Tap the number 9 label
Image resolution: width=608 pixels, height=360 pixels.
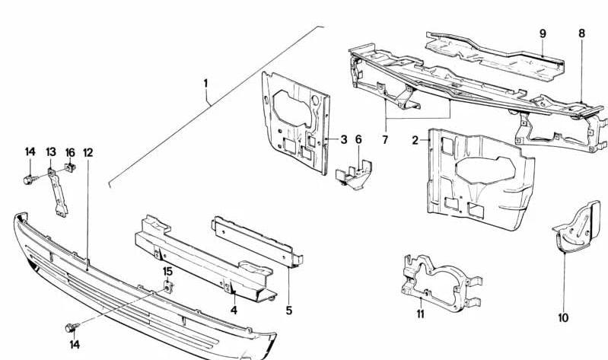[543, 33]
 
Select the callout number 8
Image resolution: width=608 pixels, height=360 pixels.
[581, 33]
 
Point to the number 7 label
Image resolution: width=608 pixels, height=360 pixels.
[385, 140]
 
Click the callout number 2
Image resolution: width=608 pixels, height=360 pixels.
[416, 140]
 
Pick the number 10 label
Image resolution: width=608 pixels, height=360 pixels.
[563, 318]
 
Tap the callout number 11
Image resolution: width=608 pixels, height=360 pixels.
[419, 314]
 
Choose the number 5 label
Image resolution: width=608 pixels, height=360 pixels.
[289, 310]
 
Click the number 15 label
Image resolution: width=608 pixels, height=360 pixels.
[167, 271]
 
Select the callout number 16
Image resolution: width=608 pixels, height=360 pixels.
[69, 153]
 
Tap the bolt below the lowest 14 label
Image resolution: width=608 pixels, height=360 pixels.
[69, 328]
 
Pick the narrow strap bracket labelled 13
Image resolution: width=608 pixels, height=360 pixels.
[56, 194]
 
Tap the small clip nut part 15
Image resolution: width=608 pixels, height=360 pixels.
[167, 287]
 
